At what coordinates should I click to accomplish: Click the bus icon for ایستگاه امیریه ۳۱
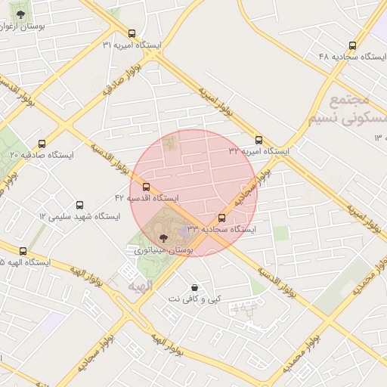pos(132,33)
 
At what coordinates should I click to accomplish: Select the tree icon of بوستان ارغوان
pos(20,14)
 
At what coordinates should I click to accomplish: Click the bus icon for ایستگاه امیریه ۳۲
pos(259,140)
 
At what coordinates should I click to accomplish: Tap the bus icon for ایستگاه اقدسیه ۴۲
pos(146,187)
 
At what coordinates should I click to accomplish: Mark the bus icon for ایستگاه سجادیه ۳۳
pos(221,218)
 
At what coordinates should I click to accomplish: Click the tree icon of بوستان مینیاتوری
pos(164,238)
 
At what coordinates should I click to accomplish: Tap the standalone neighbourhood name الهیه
pos(141,287)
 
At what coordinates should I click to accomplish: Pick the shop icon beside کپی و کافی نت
pos(195,288)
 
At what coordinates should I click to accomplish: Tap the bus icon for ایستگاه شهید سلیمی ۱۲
pos(80,205)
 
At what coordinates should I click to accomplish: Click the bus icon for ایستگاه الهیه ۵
pos(23,251)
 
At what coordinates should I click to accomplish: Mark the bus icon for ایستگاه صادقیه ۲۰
pos(42,144)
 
